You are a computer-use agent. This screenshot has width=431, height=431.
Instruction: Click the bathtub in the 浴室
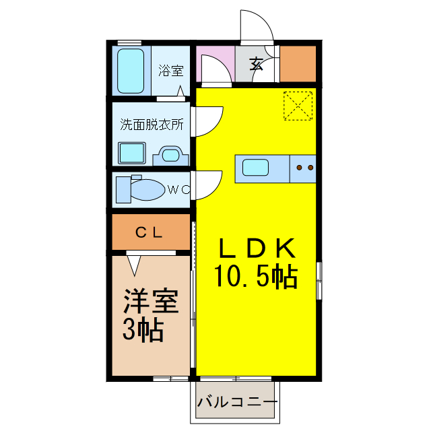(x=131, y=70)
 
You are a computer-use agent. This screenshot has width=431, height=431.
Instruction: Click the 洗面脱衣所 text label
(x=152, y=125)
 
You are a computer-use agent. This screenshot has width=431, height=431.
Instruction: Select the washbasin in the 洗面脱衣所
(x=169, y=156)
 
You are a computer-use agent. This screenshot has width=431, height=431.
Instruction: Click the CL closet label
(x=150, y=233)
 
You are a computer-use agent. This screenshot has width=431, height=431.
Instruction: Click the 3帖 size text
(x=143, y=329)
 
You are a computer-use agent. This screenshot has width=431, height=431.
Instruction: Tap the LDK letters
(x=257, y=249)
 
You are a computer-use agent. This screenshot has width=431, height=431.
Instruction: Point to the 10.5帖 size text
(x=257, y=275)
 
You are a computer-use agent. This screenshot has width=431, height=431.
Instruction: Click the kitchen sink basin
(x=255, y=167)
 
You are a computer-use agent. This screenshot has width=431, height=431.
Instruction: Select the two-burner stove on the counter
(x=303, y=167)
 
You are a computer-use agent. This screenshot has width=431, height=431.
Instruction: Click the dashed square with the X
(x=299, y=105)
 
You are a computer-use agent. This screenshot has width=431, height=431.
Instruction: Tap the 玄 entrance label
(x=257, y=64)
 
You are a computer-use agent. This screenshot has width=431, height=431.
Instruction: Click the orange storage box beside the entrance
(x=298, y=63)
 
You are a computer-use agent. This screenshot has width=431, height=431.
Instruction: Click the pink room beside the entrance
(x=215, y=64)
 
